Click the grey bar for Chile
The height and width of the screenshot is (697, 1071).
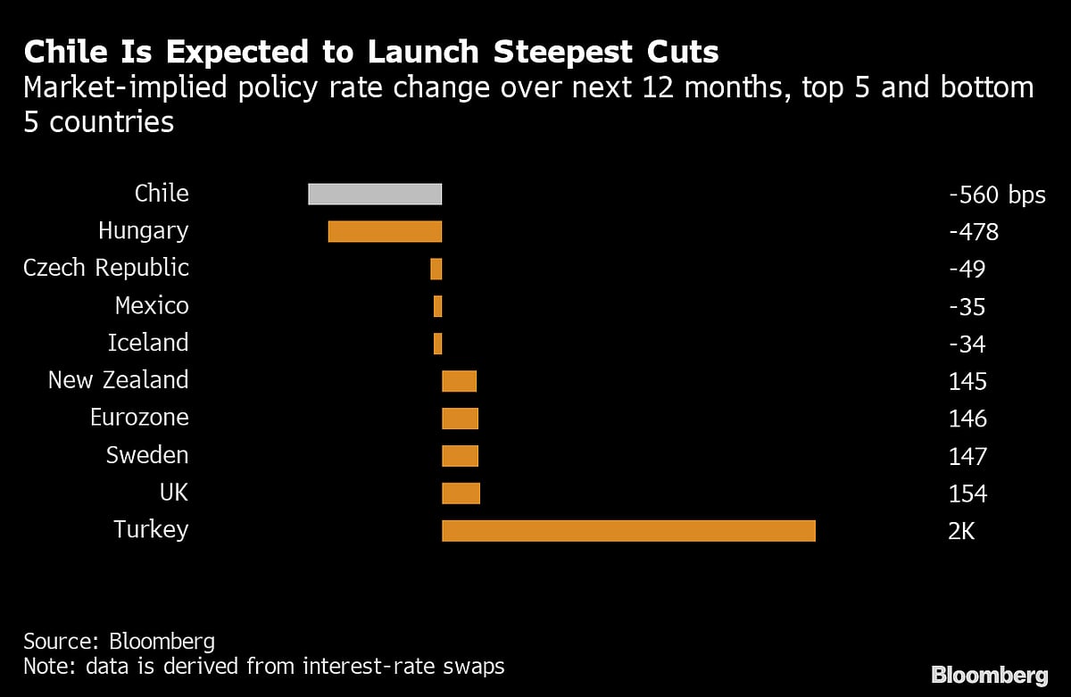pyautogui.click(x=375, y=194)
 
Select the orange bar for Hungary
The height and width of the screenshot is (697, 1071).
pyautogui.click(x=385, y=231)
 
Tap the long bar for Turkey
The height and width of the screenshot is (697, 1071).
pyautogui.click(x=628, y=530)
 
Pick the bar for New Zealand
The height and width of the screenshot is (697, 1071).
pyautogui.click(x=459, y=381)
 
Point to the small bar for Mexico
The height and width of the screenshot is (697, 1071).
pyautogui.click(x=437, y=306)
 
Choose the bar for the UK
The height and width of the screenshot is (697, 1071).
pyautogui.click(x=461, y=493)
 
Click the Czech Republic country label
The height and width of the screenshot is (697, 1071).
pyautogui.click(x=106, y=268)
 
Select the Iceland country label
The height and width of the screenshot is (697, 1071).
pyautogui.click(x=148, y=343)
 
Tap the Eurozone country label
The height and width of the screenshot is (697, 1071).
pyautogui.click(x=139, y=418)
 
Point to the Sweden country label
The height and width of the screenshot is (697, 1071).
pyautogui.click(x=147, y=455)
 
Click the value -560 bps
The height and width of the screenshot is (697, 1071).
pyautogui.click(x=997, y=195)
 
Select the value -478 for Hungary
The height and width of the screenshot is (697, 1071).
pyautogui.click(x=973, y=232)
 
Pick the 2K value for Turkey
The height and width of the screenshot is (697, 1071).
pyautogui.click(x=961, y=531)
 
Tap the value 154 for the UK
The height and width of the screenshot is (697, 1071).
pyautogui.click(x=967, y=494)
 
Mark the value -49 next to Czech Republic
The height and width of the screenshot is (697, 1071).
pyautogui.click(x=967, y=270)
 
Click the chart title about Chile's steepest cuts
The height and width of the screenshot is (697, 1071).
pyautogui.click(x=371, y=53)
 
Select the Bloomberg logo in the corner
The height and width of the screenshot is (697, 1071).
pyautogui.click(x=989, y=674)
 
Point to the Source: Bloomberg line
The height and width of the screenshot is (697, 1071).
pyautogui.click(x=119, y=641)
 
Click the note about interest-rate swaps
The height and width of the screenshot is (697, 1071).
pyautogui.click(x=264, y=666)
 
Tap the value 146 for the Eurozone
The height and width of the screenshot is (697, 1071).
pyautogui.click(x=967, y=419)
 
